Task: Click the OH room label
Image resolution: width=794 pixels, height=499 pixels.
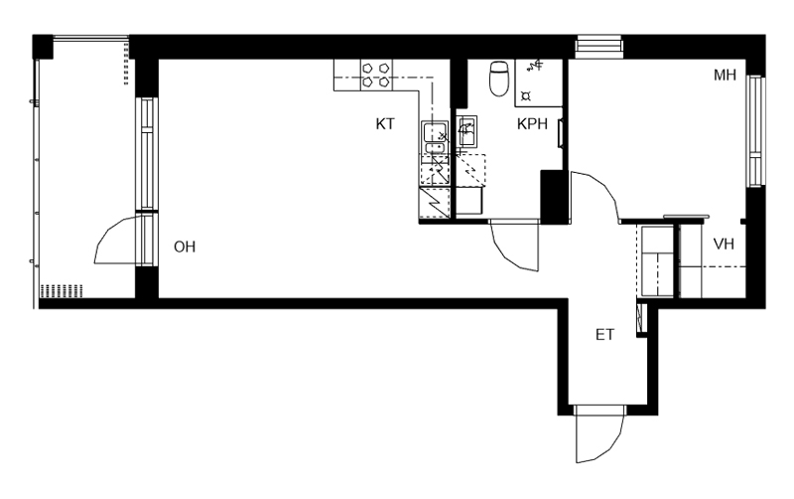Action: tap(185, 247)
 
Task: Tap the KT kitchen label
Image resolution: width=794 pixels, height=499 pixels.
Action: tap(385, 123)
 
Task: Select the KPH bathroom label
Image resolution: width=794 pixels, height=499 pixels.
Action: tap(532, 123)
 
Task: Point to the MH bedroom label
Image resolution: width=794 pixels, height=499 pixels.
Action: tap(725, 76)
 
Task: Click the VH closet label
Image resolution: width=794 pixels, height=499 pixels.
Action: tap(724, 244)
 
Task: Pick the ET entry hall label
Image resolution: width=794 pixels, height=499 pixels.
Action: tap(604, 335)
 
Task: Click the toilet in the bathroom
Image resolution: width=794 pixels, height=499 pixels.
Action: tap(499, 79)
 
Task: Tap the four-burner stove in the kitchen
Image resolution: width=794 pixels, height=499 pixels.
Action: tap(376, 76)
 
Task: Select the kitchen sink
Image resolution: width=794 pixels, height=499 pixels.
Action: tap(435, 137)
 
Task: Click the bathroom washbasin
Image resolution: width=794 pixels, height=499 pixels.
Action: tap(466, 131)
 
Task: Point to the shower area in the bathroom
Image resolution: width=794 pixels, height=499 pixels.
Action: tap(539, 83)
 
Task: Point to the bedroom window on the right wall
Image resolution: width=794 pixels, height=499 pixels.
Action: tap(755, 131)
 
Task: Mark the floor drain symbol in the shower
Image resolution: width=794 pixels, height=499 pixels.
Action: tap(526, 95)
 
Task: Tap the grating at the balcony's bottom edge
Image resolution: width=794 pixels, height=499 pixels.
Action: tap(62, 291)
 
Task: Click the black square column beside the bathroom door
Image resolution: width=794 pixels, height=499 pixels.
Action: tap(554, 196)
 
